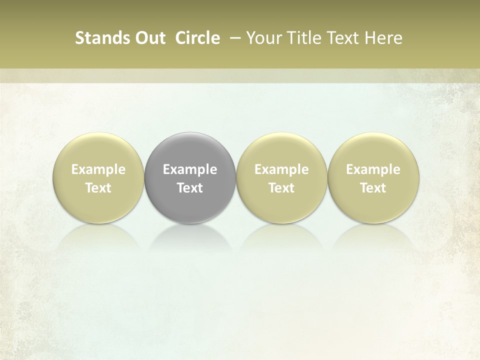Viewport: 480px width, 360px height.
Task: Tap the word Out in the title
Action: point(148,38)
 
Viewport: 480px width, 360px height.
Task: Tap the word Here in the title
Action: point(383,38)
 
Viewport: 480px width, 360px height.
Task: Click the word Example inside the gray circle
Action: point(190,170)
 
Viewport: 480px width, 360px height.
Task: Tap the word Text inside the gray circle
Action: point(190,188)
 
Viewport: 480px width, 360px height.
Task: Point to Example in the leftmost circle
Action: point(98,170)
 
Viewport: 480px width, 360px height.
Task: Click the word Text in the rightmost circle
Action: point(373,188)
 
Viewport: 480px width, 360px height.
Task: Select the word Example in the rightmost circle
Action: point(373,170)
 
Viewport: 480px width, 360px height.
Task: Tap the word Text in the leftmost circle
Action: point(98,188)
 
